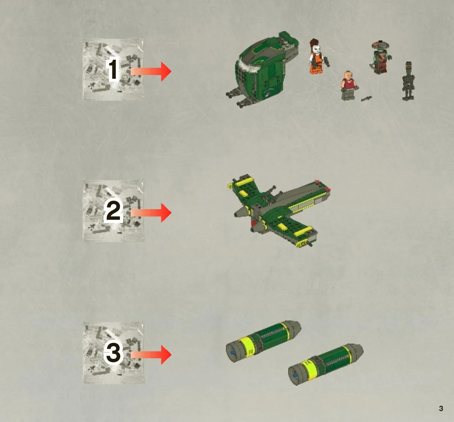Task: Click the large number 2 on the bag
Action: pyautogui.click(x=113, y=211)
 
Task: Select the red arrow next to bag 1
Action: pyautogui.click(x=151, y=71)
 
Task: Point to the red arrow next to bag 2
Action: pyautogui.click(x=151, y=213)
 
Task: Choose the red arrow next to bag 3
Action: pyautogui.click(x=151, y=355)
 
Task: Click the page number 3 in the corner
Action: pyautogui.click(x=441, y=408)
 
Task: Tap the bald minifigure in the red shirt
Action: pyautogui.click(x=349, y=86)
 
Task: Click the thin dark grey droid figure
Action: pyautogui.click(x=408, y=81)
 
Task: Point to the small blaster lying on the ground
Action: pyautogui.click(x=366, y=99)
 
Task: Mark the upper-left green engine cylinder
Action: pyautogui.click(x=263, y=341)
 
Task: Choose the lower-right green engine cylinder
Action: pyautogui.click(x=325, y=364)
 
